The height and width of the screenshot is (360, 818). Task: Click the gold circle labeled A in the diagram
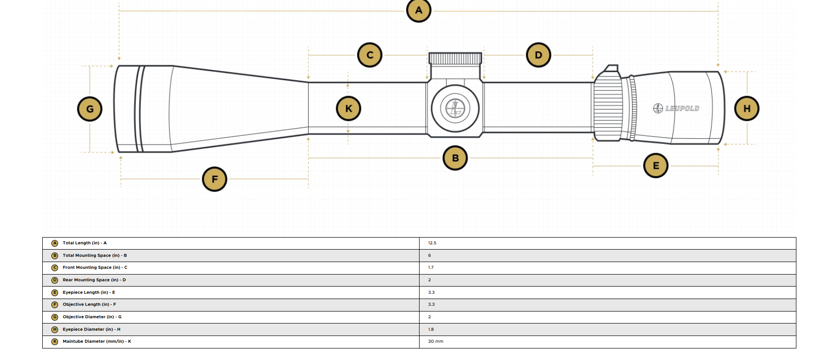pos(419,10)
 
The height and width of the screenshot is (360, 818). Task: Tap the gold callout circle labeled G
pos(90,109)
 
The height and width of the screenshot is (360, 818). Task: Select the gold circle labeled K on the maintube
pos(349,108)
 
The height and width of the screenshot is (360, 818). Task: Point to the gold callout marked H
pos(747,108)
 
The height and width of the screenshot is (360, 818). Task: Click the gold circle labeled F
pos(215,179)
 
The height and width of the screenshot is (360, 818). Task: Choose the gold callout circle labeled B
pos(455,158)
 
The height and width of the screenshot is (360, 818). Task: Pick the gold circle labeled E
pos(656,166)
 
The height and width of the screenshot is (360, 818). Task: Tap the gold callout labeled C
pos(370,55)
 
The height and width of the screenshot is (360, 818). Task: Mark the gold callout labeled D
pos(538,55)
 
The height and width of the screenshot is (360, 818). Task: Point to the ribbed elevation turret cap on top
pos(456,59)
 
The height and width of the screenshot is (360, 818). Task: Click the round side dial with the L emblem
pos(455,108)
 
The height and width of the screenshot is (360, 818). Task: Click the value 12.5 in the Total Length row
pos(432,243)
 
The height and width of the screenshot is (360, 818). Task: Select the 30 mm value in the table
pos(436,341)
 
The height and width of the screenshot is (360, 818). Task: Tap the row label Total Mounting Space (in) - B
pos(95,255)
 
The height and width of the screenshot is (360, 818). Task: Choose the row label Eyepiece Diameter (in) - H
pos(91,329)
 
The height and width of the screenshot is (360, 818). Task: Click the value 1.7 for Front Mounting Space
pos(431,267)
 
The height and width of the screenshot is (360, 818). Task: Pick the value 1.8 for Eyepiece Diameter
pos(431,329)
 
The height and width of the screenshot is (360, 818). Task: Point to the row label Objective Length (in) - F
pos(89,304)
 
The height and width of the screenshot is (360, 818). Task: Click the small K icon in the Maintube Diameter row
pos(55,342)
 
